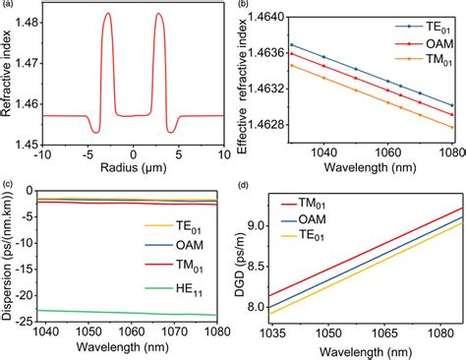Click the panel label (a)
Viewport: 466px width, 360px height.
[7, 7]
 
